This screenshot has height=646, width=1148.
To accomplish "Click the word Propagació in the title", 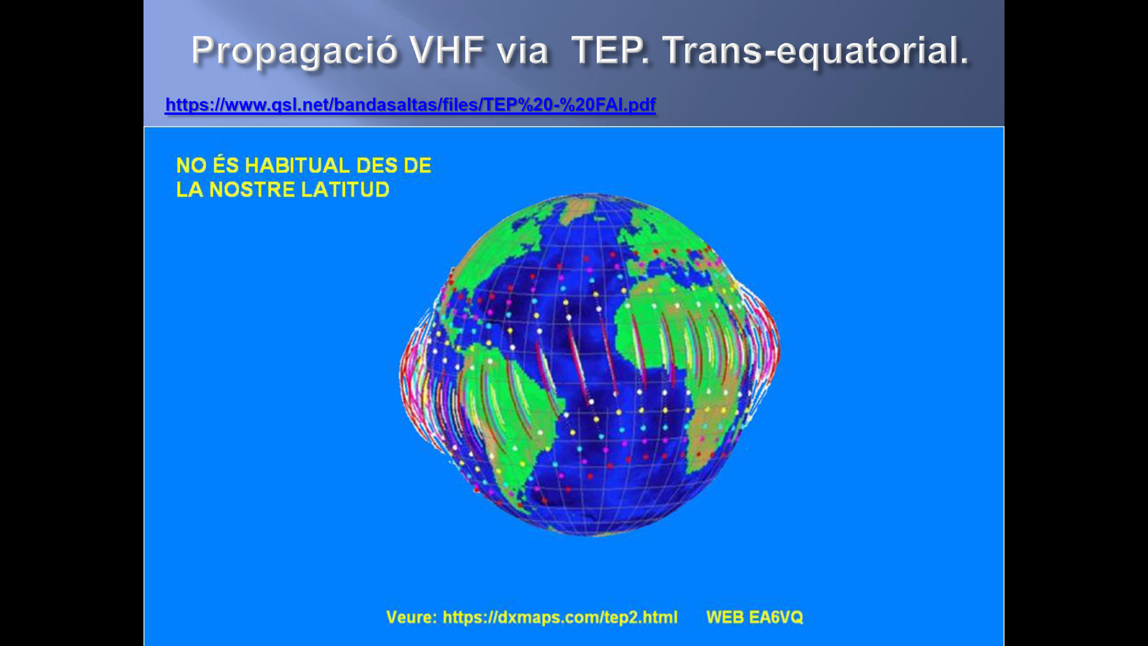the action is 294,50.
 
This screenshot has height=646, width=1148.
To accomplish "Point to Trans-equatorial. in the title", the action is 816,50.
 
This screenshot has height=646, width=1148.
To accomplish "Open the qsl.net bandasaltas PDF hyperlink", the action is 410,105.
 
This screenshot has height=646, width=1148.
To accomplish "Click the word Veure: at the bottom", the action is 411,617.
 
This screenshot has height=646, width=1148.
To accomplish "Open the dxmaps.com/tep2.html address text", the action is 560,617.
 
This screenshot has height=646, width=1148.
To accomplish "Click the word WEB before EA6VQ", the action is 725,617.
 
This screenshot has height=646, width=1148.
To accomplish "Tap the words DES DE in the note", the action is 393,165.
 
